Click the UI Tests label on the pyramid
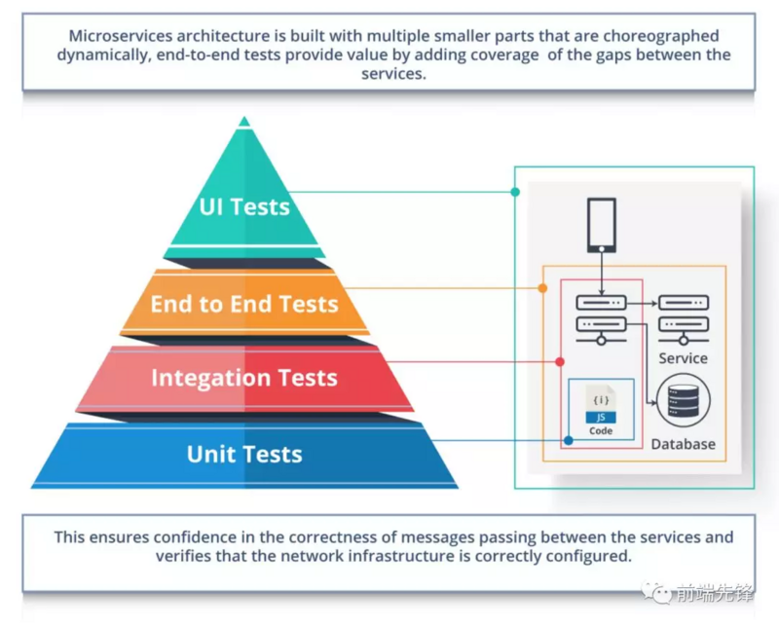coord(244,206)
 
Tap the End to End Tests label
coord(244,304)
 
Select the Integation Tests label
coord(244,378)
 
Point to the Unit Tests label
coord(244,454)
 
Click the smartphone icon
coord(602,224)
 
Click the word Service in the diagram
coord(683,358)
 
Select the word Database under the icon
coord(683,444)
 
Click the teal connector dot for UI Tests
coord(515,192)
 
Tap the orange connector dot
coord(542,288)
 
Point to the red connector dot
coord(560,362)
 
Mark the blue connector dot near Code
coord(569,440)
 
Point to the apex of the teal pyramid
coord(244,120)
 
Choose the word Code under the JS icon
coord(601,430)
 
